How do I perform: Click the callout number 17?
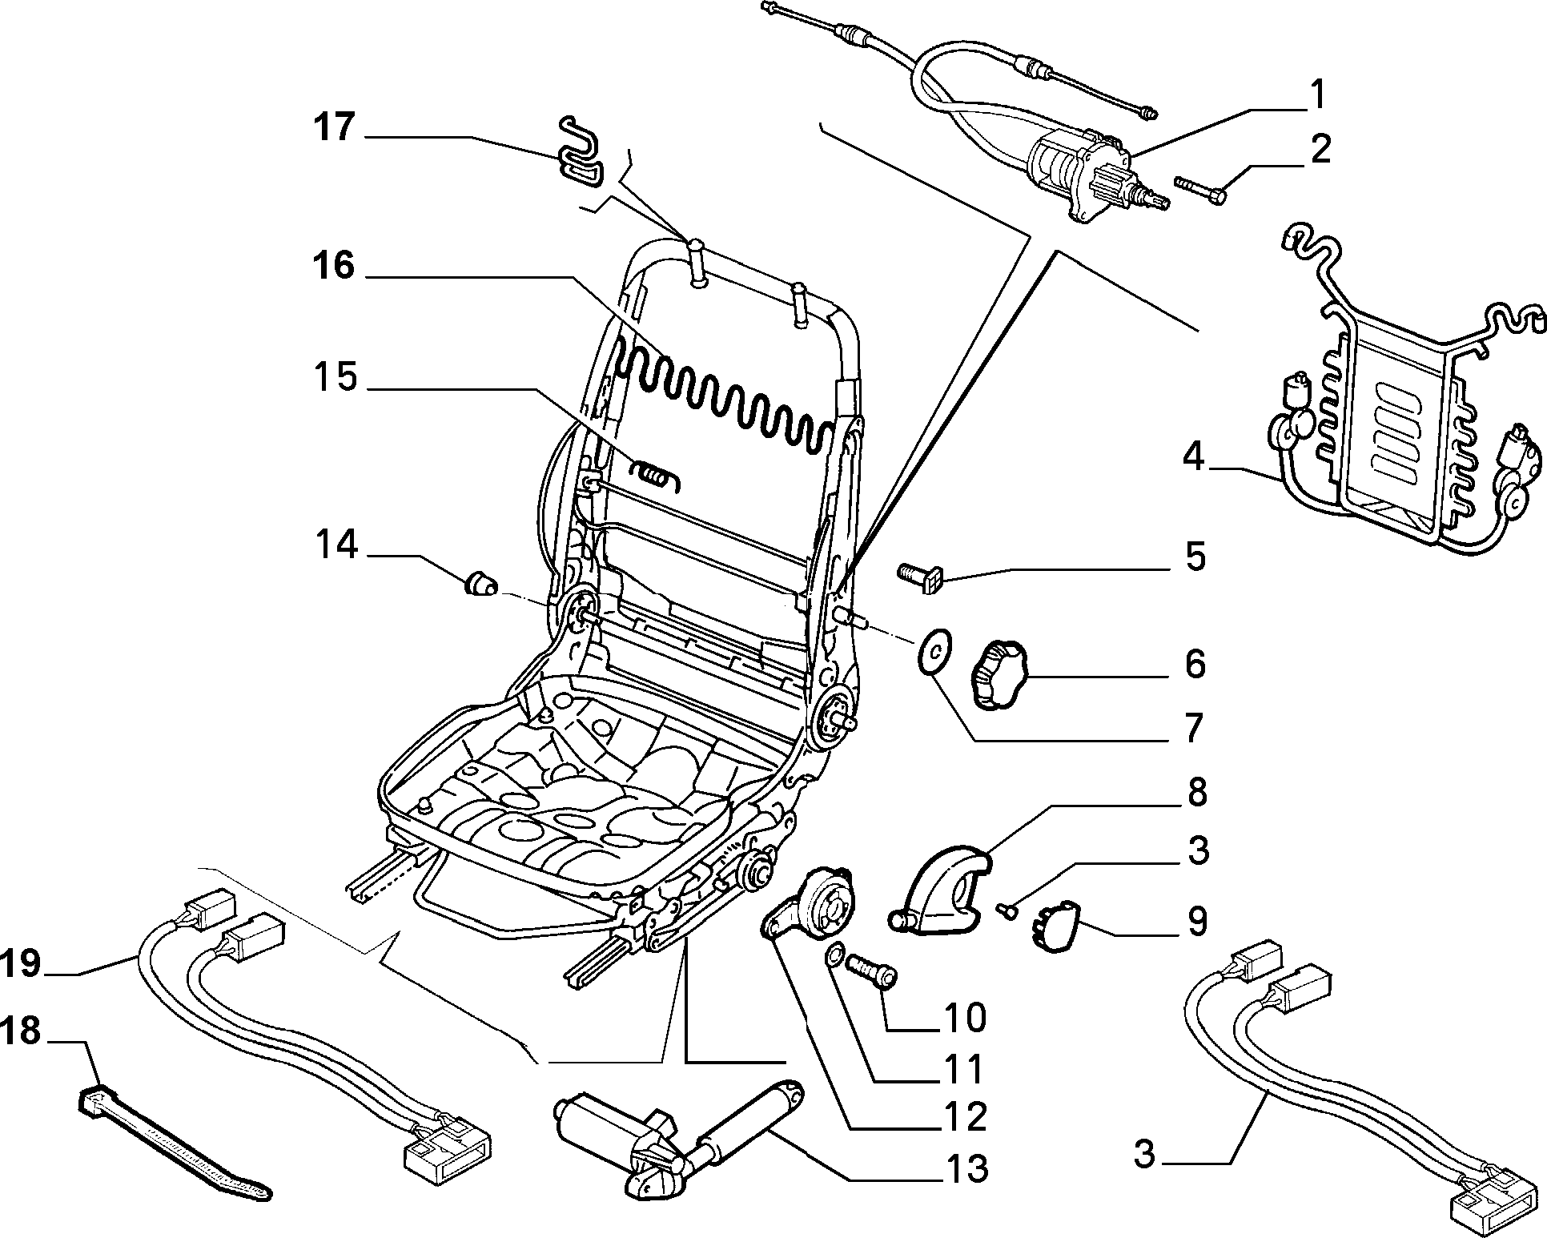(x=334, y=127)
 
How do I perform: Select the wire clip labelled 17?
(x=582, y=153)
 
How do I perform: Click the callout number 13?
(x=965, y=1169)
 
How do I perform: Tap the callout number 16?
(x=333, y=267)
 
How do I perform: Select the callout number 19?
(x=20, y=963)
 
